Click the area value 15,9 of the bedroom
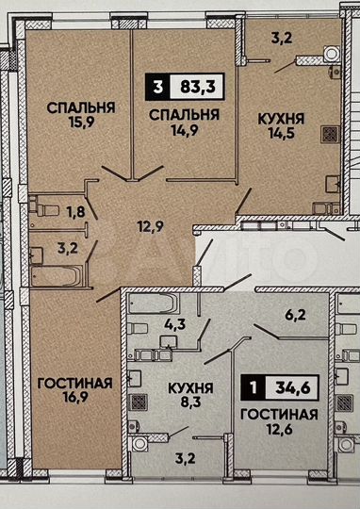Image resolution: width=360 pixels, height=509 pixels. pyautogui.click(x=80, y=123)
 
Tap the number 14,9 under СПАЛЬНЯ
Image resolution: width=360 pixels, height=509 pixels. pyautogui.click(x=184, y=130)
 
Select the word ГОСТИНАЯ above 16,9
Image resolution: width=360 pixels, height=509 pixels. pyautogui.click(x=74, y=383)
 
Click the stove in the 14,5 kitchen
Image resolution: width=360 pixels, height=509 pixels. pyautogui.click(x=331, y=134)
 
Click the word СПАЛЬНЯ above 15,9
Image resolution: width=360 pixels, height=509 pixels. pyautogui.click(x=81, y=107)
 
